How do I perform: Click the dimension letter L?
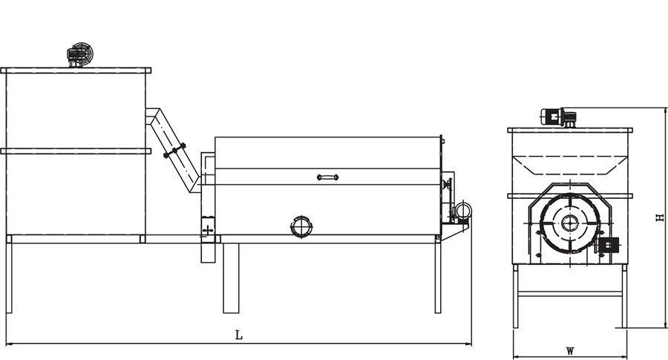(x=239, y=335)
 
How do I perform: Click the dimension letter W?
(x=570, y=352)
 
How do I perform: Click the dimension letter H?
(x=660, y=217)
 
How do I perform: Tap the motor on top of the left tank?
(x=80, y=54)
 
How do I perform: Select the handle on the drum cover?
(x=327, y=177)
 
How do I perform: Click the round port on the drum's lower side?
(x=301, y=226)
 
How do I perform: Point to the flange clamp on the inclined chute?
(x=174, y=151)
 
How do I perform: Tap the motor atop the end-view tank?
(x=558, y=117)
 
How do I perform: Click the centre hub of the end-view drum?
(x=569, y=223)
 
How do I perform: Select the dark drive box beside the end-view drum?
(x=609, y=245)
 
